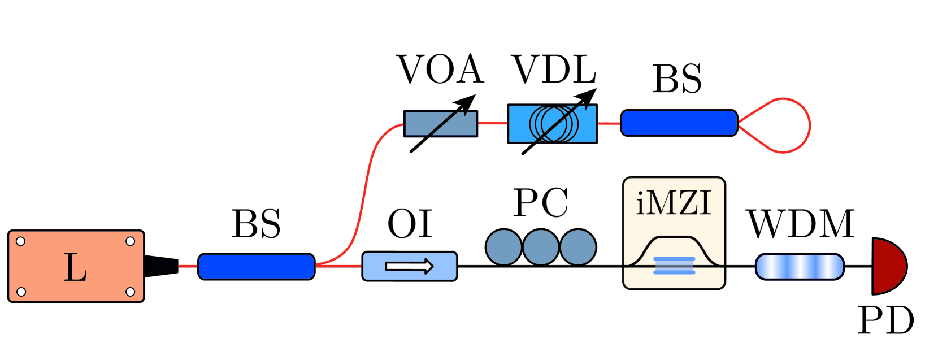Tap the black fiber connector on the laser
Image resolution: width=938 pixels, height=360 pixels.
pos(162,266)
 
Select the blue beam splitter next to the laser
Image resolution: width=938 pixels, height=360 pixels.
pos(256,267)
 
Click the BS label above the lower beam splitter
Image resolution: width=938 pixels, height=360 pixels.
pos(256,224)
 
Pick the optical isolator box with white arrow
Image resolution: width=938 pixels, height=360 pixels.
pos(409,266)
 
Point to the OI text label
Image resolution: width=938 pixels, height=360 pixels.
pos(410,224)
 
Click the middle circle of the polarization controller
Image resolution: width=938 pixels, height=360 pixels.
pos(541,247)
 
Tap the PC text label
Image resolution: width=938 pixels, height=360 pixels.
pos(541,203)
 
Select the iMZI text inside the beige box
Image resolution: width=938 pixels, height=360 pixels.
pos(674,203)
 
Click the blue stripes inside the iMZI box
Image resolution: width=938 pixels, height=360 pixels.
pos(674,266)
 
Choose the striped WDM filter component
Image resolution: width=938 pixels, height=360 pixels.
pos(800,267)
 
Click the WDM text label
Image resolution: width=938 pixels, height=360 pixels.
pos(801,224)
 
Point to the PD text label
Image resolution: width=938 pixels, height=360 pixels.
pos(885,321)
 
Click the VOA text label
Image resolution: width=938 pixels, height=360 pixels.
pos(440,70)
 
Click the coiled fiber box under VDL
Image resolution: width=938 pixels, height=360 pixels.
pos(552,124)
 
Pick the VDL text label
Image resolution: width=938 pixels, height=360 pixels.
pos(554,70)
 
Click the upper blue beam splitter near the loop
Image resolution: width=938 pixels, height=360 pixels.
pos(679,123)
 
